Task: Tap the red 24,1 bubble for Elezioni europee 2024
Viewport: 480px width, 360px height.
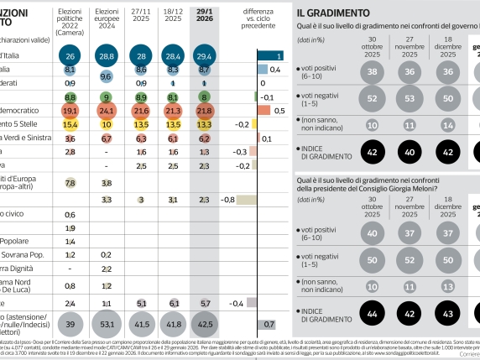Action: tap(107, 110)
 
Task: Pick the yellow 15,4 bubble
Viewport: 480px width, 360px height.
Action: tap(70, 124)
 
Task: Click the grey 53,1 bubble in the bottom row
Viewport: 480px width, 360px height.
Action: tap(107, 322)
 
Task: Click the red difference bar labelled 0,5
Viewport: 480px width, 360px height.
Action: tap(264, 110)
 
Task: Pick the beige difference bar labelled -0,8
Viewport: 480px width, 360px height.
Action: tap(249, 200)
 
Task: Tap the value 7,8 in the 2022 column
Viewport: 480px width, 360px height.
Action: tap(70, 182)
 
